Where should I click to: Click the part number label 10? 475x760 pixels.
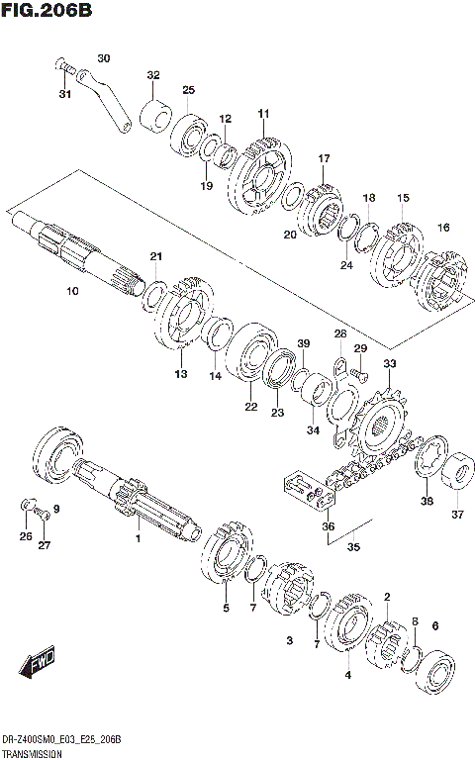click(x=71, y=291)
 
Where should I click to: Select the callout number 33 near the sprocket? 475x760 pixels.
click(x=389, y=364)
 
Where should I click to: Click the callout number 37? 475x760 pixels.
click(x=456, y=514)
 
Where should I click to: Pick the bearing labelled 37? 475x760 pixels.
click(x=458, y=473)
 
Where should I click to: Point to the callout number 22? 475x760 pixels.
click(x=250, y=406)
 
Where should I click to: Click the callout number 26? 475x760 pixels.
click(x=26, y=537)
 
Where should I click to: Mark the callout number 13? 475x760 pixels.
click(x=180, y=374)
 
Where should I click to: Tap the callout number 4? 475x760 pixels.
click(x=347, y=675)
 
